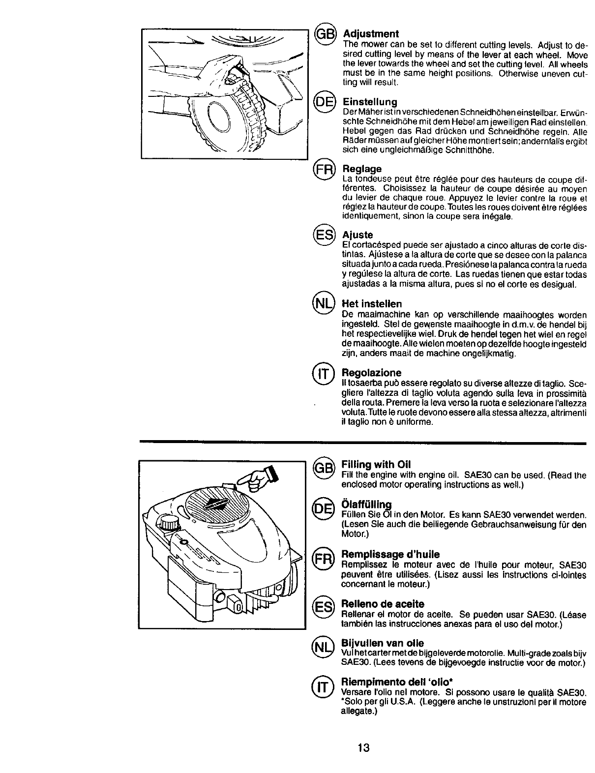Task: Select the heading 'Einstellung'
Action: (370, 102)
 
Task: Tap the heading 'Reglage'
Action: (362, 169)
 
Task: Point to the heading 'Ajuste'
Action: (357, 235)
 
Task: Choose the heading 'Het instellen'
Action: (372, 304)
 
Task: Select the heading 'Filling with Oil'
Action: (376, 465)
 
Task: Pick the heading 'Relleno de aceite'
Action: (383, 603)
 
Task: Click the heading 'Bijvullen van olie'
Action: (383, 643)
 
